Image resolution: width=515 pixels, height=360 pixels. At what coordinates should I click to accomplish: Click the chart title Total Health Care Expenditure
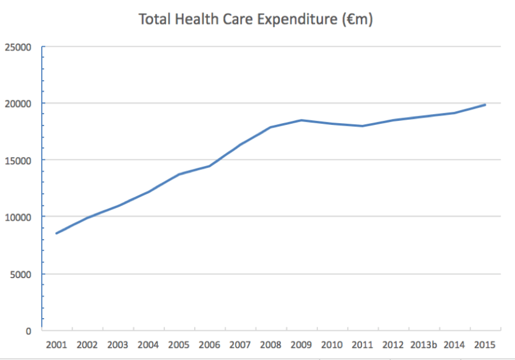pyautogui.click(x=256, y=19)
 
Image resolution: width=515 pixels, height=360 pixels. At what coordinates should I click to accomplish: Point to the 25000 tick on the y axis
pyautogui.click(x=18, y=47)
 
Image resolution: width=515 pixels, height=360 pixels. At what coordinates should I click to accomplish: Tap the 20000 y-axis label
pyautogui.click(x=18, y=104)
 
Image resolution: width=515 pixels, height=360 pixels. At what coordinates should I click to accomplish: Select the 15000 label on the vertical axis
pyautogui.click(x=18, y=161)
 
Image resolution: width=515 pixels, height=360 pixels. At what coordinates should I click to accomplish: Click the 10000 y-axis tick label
pyautogui.click(x=18, y=217)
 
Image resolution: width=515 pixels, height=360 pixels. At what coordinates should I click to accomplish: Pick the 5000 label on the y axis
pyautogui.click(x=21, y=274)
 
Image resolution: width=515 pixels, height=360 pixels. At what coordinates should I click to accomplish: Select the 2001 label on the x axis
pyautogui.click(x=56, y=345)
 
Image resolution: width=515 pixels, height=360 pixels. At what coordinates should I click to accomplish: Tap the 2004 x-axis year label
pyautogui.click(x=148, y=345)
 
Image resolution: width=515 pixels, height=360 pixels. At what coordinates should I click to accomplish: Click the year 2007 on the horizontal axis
pyautogui.click(x=240, y=345)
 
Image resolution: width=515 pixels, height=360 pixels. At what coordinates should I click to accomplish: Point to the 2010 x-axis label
pyautogui.click(x=332, y=345)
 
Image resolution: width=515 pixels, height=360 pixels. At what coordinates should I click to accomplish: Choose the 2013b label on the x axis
pyautogui.click(x=424, y=345)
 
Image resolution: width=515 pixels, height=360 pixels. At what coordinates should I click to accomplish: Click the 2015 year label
pyautogui.click(x=485, y=345)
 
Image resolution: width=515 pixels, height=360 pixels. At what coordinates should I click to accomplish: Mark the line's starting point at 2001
pyautogui.click(x=56, y=233)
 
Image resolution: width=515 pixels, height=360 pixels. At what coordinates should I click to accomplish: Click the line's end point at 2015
pyautogui.click(x=485, y=104)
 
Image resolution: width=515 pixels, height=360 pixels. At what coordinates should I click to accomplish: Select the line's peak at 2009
pyautogui.click(x=301, y=120)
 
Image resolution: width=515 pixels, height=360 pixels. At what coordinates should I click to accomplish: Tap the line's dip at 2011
pyautogui.click(x=363, y=126)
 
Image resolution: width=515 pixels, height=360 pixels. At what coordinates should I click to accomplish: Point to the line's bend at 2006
pyautogui.click(x=209, y=166)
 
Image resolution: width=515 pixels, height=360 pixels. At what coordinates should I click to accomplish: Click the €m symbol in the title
pyautogui.click(x=359, y=19)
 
